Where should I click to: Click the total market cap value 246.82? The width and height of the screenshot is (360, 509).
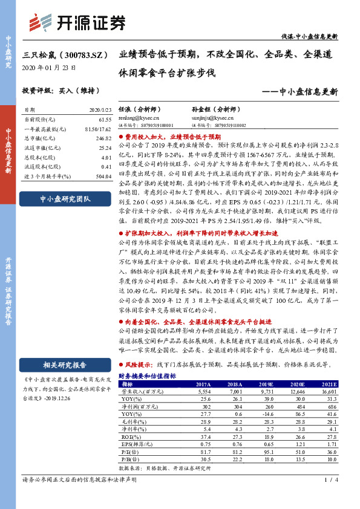104,138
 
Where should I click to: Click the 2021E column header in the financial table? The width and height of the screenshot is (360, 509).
327,383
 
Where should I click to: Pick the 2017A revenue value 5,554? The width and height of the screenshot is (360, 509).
203,392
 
